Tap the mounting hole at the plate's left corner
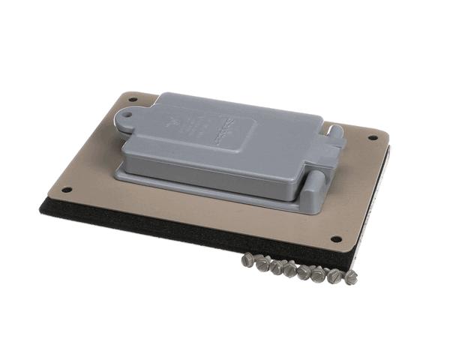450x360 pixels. [66, 190]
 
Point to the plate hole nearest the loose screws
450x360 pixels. [335, 239]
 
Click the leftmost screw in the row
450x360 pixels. [248, 260]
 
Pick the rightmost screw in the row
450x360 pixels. [349, 277]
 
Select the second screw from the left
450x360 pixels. [262, 262]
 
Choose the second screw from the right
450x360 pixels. [334, 275]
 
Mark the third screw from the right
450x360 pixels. [318, 273]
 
